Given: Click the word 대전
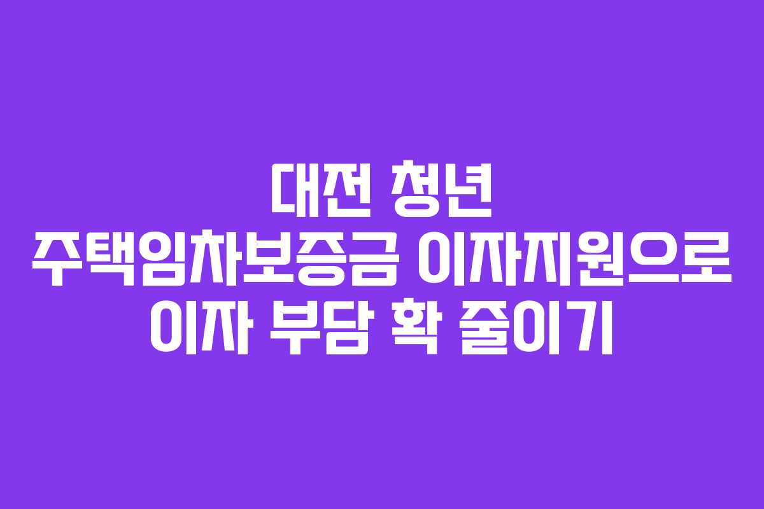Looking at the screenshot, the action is [321, 190].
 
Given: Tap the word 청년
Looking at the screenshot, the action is [442, 189].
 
